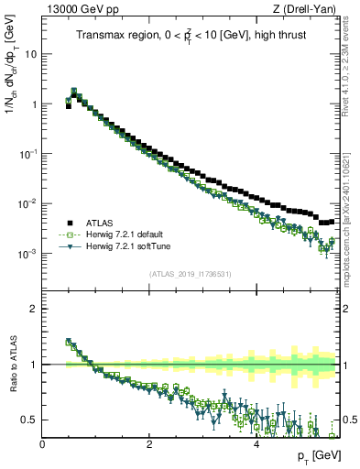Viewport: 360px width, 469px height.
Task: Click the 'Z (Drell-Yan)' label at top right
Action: click(x=310, y=10)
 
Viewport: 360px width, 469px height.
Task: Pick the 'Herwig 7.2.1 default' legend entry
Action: click(x=126, y=234)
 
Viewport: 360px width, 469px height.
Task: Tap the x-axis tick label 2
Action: click(x=149, y=445)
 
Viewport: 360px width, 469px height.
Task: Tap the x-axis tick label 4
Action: click(x=256, y=445)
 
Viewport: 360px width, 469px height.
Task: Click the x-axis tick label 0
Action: click(x=42, y=445)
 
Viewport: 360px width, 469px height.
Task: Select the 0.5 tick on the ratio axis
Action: click(x=29, y=420)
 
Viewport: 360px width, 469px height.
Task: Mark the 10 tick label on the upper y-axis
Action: click(x=30, y=53)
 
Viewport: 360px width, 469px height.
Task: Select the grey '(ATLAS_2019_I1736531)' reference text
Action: click(x=190, y=274)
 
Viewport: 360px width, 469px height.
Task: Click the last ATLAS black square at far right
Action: click(x=331, y=221)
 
